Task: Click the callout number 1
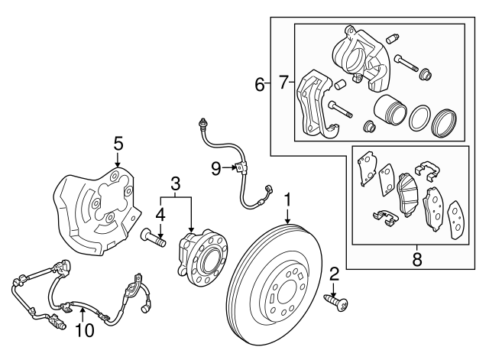coord(287,201)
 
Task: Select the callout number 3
coord(176,183)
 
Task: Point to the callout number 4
coord(160,213)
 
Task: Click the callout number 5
coord(118,143)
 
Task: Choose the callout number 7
coord(283,82)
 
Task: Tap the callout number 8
coord(416,260)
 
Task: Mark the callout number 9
coord(217,166)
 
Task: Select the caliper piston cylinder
coord(389,112)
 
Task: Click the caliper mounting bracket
coord(317,103)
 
